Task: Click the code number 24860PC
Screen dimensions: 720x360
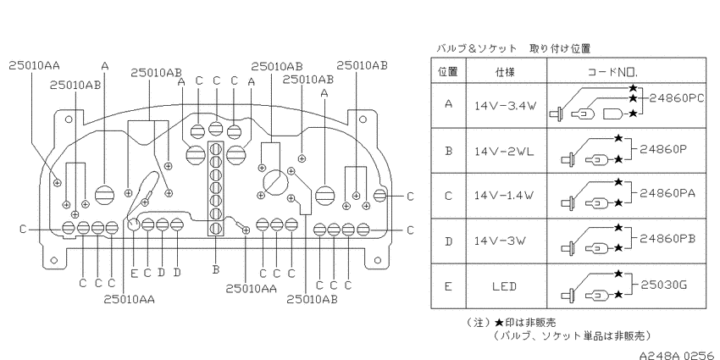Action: [675, 98]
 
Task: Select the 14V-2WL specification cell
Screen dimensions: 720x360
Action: [505, 151]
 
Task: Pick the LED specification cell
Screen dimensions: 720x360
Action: [505, 286]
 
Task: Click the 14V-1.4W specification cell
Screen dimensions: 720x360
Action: [505, 196]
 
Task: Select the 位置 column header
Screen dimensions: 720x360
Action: [448, 72]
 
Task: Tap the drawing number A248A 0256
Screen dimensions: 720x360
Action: [679, 355]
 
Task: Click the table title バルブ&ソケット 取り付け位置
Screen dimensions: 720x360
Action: [513, 48]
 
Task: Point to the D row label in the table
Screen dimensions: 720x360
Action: [448, 241]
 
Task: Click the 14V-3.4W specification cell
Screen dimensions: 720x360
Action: [505, 106]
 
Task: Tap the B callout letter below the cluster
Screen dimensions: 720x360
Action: [216, 270]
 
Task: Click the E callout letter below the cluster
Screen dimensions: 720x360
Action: [134, 274]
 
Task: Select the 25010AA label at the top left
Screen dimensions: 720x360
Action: [35, 66]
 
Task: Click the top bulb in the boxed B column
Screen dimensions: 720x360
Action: [216, 149]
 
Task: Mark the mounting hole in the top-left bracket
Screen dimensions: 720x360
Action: [69, 119]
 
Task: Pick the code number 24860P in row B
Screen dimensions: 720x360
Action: [663, 148]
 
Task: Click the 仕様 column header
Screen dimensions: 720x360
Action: [506, 72]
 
